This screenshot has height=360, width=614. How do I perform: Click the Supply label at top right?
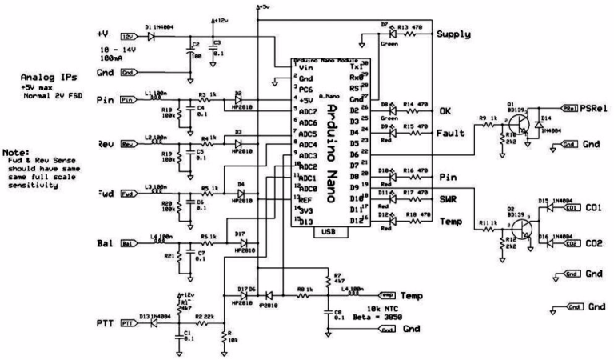click(454, 35)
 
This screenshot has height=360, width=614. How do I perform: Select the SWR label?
click(448, 195)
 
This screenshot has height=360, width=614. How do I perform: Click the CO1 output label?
click(592, 208)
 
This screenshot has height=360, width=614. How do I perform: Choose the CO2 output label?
click(592, 242)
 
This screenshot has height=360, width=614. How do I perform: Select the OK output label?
click(445, 112)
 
